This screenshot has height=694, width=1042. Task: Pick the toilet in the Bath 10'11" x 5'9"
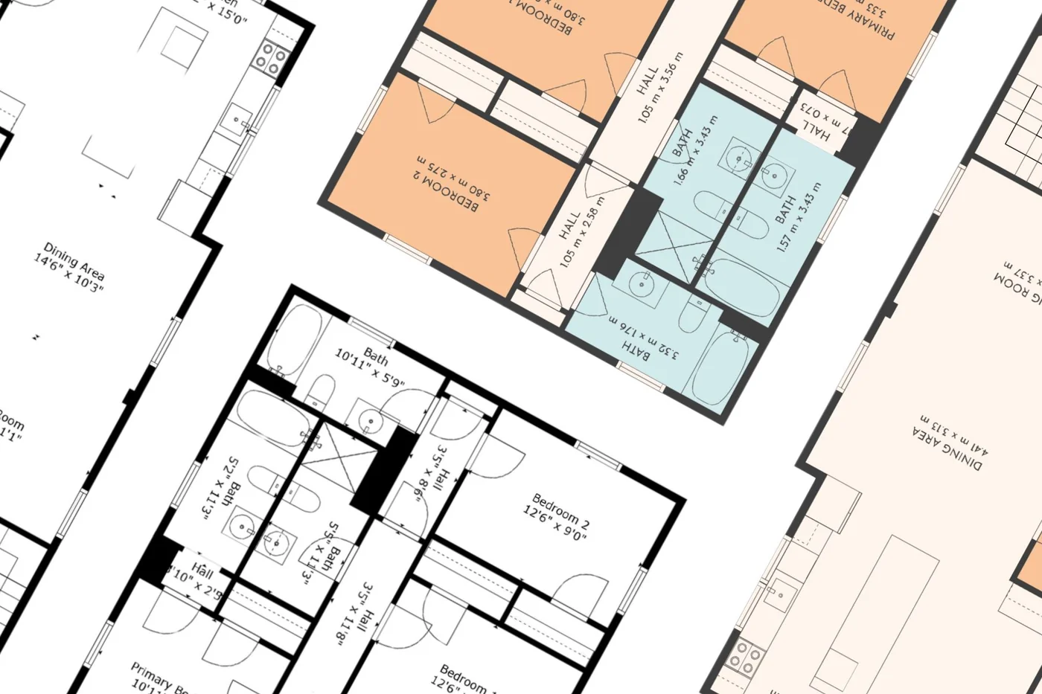322,390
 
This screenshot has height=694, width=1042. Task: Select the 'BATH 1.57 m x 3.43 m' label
796,216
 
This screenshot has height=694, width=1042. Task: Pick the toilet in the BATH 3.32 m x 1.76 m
689,312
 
